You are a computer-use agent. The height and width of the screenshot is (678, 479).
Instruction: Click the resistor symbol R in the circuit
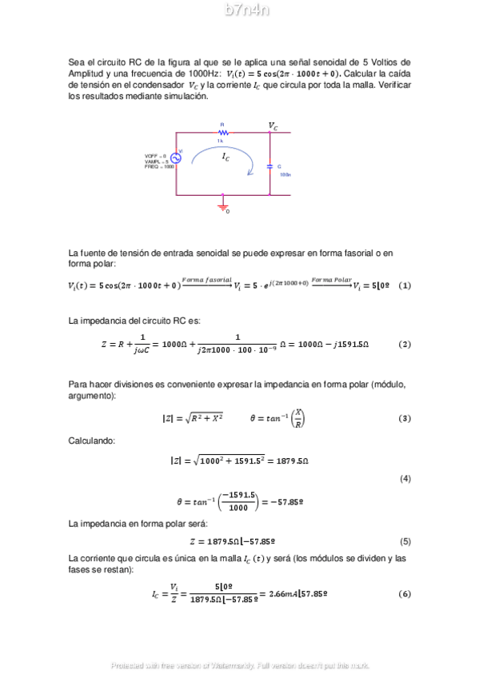(x=224, y=133)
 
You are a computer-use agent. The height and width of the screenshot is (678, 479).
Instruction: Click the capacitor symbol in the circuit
(x=269, y=166)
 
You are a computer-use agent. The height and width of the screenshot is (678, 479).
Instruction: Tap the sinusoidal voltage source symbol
(x=175, y=158)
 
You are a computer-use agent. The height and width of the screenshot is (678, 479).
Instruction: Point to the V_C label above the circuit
(x=273, y=126)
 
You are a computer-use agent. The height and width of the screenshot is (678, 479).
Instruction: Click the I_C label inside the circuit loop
(x=226, y=158)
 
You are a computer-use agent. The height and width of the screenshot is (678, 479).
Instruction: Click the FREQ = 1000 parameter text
(x=159, y=167)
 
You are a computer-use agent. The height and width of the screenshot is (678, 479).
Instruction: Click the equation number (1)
(x=404, y=285)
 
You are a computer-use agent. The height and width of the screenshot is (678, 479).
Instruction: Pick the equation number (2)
(x=404, y=344)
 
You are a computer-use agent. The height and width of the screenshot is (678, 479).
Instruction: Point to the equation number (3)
(x=404, y=418)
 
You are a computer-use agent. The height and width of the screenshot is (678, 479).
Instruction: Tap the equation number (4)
(x=404, y=479)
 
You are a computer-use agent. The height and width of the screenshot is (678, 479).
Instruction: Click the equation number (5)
(x=404, y=541)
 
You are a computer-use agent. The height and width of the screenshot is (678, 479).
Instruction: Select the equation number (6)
(x=404, y=594)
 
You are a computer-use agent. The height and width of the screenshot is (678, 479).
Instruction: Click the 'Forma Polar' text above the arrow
(x=331, y=279)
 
